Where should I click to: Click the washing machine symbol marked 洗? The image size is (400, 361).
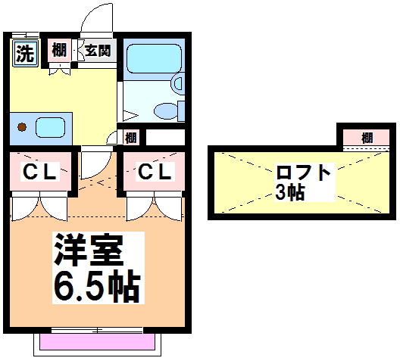click(25, 53)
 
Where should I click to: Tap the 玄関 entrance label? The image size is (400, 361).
click(98, 51)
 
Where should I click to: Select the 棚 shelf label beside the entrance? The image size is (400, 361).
click(59, 50)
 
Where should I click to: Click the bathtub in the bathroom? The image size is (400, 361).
click(154, 59)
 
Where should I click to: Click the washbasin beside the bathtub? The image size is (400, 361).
click(178, 83)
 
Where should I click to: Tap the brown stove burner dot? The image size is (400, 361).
click(22, 127)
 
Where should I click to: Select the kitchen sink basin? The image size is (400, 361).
click(50, 127)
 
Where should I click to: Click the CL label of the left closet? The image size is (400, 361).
click(39, 172)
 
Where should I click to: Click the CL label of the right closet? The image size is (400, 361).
click(155, 172)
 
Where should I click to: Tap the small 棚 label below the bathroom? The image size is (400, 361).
click(131, 138)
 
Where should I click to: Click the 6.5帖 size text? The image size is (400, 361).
click(97, 288)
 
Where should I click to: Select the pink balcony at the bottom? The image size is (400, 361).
click(97, 341)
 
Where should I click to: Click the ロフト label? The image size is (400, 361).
click(303, 173)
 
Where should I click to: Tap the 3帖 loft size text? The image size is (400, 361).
click(290, 192)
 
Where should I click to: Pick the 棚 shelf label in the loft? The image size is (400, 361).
click(367, 138)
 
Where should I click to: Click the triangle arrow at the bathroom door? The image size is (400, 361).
click(130, 115)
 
